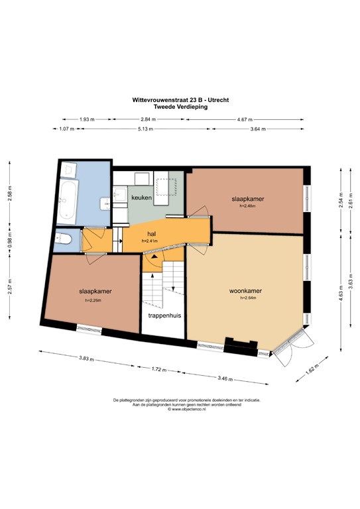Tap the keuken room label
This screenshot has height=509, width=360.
[141, 198]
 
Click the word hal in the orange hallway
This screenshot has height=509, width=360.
[151, 234]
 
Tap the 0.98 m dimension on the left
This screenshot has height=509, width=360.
[9, 237]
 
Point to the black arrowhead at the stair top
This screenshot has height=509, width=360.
[154, 254]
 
